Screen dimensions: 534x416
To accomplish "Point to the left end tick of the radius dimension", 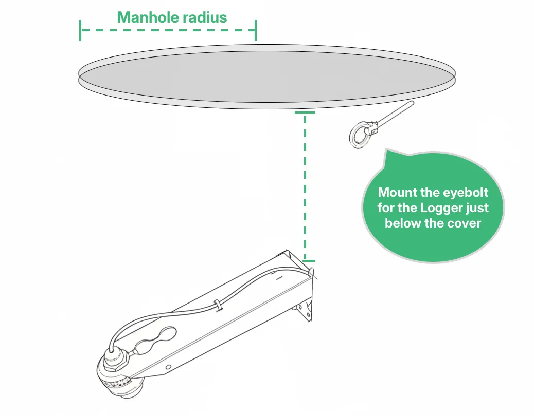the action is click(80, 30).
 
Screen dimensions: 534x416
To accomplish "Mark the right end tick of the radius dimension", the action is click(255, 30).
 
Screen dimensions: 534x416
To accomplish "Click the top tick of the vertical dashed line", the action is click(305, 112).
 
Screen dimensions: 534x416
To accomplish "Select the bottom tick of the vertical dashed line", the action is click(309, 261).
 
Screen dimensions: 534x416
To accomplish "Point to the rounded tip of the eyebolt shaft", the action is click(412, 103).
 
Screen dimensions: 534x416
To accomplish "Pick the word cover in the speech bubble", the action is click(464, 223).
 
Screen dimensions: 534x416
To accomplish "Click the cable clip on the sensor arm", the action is click(218, 305).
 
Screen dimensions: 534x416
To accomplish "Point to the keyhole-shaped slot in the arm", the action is click(156, 340).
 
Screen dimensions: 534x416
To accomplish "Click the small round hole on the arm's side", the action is click(168, 367).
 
